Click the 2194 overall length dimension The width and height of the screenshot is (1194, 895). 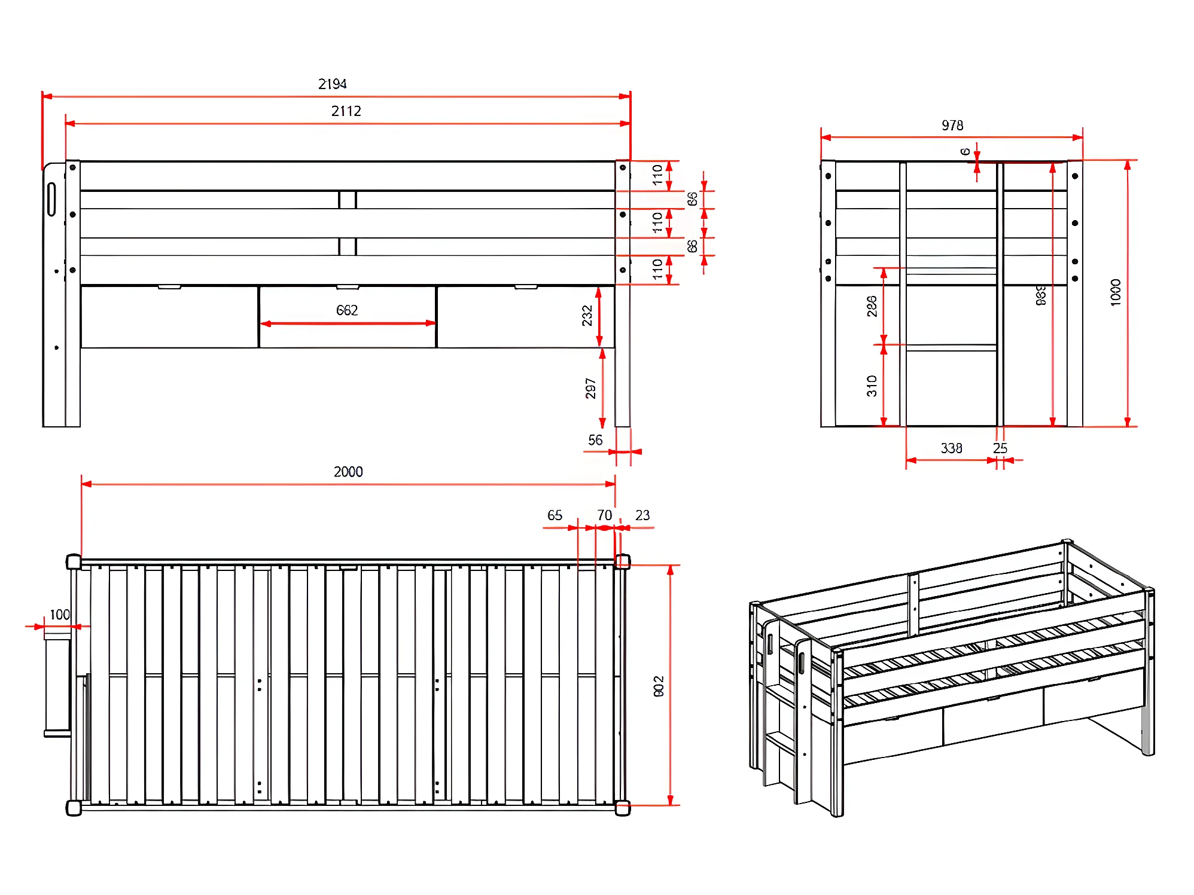pyautogui.click(x=332, y=84)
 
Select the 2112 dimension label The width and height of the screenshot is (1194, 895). pyautogui.click(x=346, y=111)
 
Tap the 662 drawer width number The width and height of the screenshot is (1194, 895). pyautogui.click(x=347, y=310)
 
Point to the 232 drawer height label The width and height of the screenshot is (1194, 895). pyautogui.click(x=587, y=316)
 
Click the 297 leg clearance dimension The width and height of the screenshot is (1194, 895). pyautogui.click(x=590, y=389)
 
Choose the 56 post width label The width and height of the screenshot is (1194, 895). pyautogui.click(x=595, y=441)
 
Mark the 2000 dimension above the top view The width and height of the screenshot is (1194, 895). pyautogui.click(x=348, y=472)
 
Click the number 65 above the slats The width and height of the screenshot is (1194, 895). pyautogui.click(x=555, y=515)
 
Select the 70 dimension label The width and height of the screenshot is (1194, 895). pyautogui.click(x=604, y=515)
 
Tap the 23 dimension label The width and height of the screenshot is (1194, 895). pyautogui.click(x=642, y=515)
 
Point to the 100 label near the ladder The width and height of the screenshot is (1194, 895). pyautogui.click(x=60, y=615)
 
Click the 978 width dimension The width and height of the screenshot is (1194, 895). pyautogui.click(x=952, y=126)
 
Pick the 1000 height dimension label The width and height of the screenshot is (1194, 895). pyautogui.click(x=1116, y=292)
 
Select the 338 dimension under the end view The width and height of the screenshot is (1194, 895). pyautogui.click(x=951, y=448)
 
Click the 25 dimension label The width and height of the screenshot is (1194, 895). pyautogui.click(x=1000, y=448)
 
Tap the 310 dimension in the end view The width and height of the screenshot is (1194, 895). pyautogui.click(x=872, y=386)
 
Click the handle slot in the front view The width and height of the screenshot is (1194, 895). pyautogui.click(x=51, y=199)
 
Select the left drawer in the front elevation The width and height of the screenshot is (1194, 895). pyautogui.click(x=170, y=317)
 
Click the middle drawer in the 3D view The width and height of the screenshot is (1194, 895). pyautogui.click(x=993, y=717)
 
